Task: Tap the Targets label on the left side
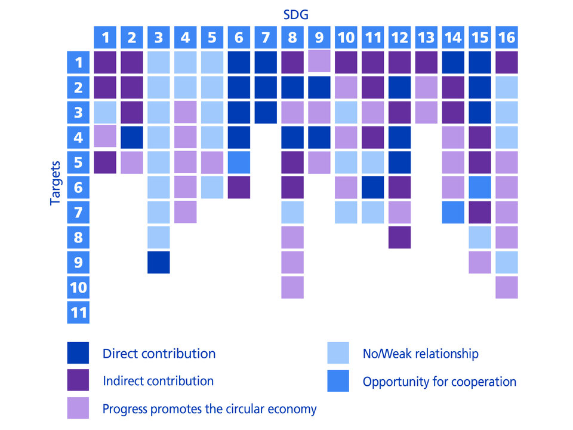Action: (55, 182)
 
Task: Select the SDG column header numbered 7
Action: (265, 38)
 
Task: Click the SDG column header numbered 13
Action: (426, 38)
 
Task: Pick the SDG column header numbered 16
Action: (506, 38)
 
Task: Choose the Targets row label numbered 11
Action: (78, 312)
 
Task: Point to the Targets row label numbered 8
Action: (78, 237)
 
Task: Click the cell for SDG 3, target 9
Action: (158, 262)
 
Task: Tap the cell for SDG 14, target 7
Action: (452, 212)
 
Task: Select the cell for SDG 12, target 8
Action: (399, 237)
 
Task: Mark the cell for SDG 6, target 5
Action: (239, 162)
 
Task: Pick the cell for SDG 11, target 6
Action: (372, 187)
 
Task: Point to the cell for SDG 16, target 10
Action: (506, 287)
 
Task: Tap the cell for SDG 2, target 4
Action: (132, 137)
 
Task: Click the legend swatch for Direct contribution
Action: (78, 353)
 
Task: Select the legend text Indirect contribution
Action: (158, 381)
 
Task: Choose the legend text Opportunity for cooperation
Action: (439, 381)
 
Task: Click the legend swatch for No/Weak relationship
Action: (338, 353)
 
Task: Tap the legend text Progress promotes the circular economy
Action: (209, 409)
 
